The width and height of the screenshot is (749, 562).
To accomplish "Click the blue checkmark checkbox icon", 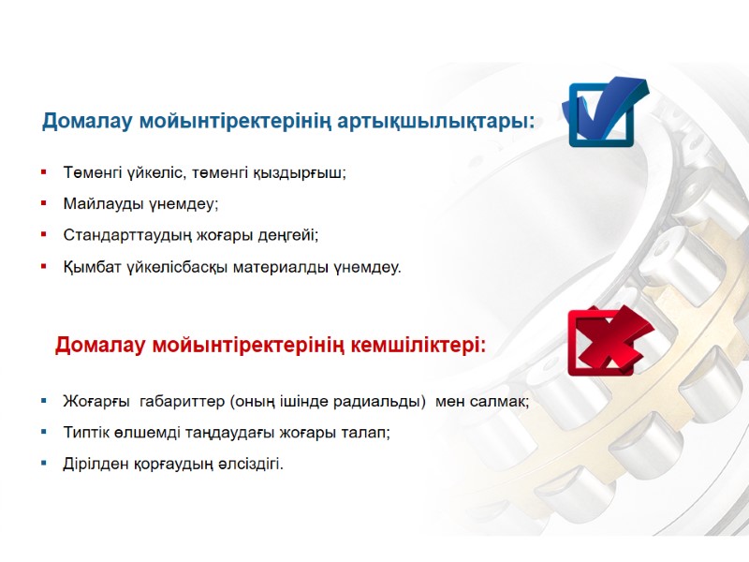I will coord(605,113).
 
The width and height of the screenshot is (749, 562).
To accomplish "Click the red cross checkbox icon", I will coord(605,340).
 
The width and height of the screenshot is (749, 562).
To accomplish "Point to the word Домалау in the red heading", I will coord(100,345).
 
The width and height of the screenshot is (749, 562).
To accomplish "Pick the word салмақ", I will coord(502,401).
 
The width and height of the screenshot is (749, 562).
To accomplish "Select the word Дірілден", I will coord(96,464).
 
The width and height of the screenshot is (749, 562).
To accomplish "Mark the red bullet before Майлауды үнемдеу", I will coord(44,203).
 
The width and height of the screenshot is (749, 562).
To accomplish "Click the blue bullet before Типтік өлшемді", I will coord(44,433).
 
